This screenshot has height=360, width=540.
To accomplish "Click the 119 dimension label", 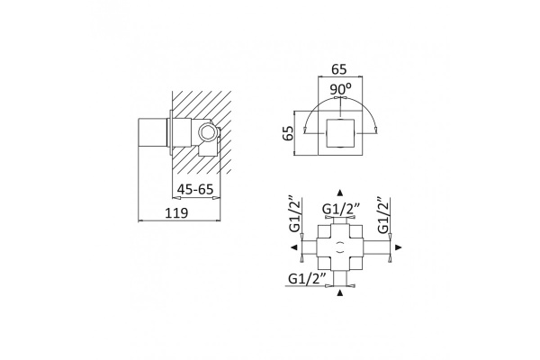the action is [x=176, y=213].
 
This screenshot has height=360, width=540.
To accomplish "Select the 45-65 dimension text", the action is [x=195, y=189].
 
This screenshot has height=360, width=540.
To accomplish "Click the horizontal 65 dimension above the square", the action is [x=339, y=69].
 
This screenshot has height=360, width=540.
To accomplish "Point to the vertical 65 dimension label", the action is [x=288, y=133].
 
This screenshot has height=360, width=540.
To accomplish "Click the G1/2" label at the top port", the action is [x=341, y=209].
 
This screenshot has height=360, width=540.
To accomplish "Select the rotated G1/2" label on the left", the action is [x=295, y=215].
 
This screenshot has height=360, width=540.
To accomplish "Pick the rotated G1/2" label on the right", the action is [x=383, y=215].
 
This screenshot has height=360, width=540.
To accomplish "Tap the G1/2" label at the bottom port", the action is [x=307, y=278].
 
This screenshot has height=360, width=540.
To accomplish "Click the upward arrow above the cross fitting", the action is [x=340, y=193].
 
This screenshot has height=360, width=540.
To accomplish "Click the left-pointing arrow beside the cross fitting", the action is [x=293, y=247].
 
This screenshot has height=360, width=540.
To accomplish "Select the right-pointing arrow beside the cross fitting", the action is [x=399, y=247].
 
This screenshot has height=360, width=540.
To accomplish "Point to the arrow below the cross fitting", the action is [x=340, y=292].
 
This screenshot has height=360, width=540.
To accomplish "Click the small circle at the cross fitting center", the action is [x=340, y=247].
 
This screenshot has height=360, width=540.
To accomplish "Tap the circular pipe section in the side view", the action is [x=208, y=132].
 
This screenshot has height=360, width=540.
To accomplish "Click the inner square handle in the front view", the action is [x=340, y=133].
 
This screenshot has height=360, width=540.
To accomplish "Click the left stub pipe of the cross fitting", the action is [x=310, y=247].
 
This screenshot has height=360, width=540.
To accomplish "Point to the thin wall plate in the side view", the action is [x=171, y=133].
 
